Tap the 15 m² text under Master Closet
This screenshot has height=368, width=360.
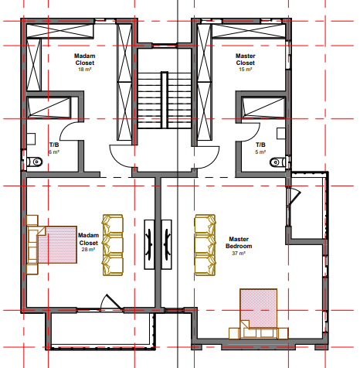pyautogui.click(x=245, y=70)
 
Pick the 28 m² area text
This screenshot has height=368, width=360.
pyautogui.click(x=88, y=250)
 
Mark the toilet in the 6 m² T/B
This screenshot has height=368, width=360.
pyautogui.click(x=36, y=163)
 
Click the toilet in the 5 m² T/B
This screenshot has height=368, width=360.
pyautogui.click(x=277, y=162)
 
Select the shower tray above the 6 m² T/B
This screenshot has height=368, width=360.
pyautogui.click(x=49, y=107)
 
